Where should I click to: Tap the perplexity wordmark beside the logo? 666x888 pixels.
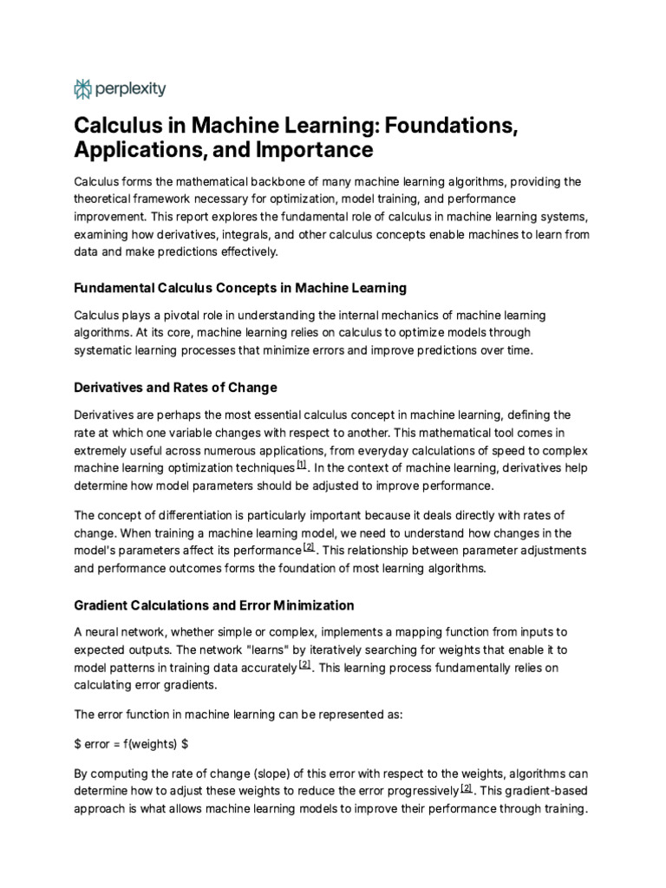click(130, 88)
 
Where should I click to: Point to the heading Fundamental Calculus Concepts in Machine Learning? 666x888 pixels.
click(239, 287)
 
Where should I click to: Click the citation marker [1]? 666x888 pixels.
click(302, 465)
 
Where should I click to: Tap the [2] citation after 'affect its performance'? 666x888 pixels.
click(309, 548)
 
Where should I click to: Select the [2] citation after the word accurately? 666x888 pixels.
click(304, 665)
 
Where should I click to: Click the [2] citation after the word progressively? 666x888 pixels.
click(467, 788)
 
